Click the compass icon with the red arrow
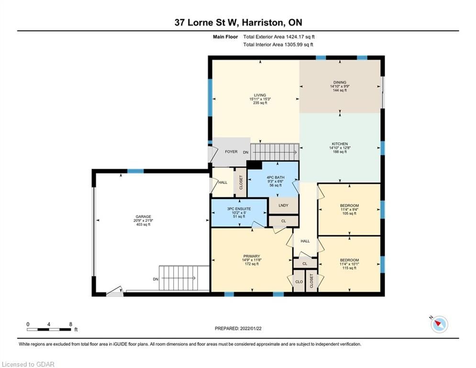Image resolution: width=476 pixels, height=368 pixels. [x=439, y=324]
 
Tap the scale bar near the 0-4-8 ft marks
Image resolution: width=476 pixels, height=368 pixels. [x=49, y=329]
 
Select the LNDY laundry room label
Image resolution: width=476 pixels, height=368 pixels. [x=283, y=205]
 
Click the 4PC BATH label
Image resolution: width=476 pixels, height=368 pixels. [x=276, y=177]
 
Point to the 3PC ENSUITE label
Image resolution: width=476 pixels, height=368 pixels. [x=239, y=209]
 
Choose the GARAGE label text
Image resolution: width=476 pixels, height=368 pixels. [x=144, y=217]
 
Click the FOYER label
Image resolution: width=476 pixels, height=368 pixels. [x=231, y=151]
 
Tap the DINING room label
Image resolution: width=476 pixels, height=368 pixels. [x=339, y=82]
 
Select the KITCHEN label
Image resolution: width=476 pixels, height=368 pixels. [x=340, y=144]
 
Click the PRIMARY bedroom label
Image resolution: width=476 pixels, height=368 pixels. [x=252, y=256]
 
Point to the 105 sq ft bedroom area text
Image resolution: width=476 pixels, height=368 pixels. [x=349, y=214]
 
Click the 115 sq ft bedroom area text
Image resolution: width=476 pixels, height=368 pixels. [x=349, y=268]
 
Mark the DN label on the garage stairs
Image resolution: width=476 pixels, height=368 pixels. [x=155, y=279]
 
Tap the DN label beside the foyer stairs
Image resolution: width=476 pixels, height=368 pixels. [x=245, y=152]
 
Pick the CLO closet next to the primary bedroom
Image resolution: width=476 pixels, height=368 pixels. [x=299, y=282]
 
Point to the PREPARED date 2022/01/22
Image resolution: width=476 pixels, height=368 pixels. [x=251, y=328]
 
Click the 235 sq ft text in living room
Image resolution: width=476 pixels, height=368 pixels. [x=260, y=103]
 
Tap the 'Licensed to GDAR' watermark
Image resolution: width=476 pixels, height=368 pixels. [x=28, y=364]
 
